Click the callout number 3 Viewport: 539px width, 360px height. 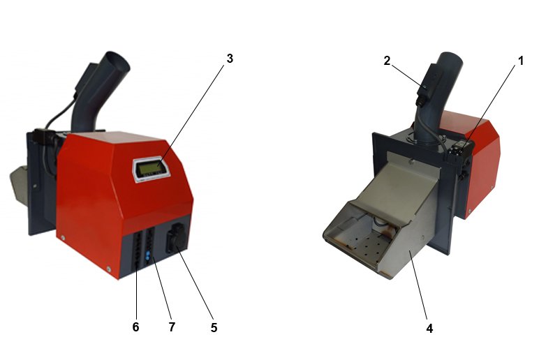[x=230, y=59]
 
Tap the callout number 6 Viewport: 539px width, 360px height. [x=135, y=327]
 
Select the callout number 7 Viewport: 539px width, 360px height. [x=172, y=327]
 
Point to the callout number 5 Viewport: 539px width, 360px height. [x=214, y=328]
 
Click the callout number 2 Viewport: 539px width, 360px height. [x=387, y=61]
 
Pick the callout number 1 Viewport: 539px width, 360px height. [x=521, y=61]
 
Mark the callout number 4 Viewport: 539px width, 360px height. [x=429, y=329]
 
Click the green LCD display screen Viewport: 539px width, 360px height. [x=151, y=168]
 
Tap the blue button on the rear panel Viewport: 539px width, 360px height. [x=148, y=256]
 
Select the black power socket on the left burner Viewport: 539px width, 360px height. [x=177, y=237]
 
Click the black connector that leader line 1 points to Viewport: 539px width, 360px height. [x=460, y=150]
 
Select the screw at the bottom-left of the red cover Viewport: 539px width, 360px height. [x=63, y=237]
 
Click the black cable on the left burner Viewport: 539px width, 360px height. [x=60, y=112]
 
